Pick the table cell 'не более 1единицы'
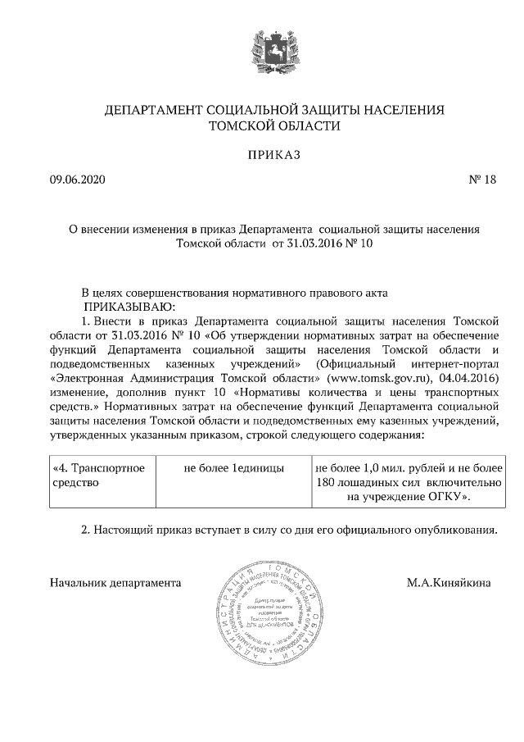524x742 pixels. pyautogui.click(x=233, y=468)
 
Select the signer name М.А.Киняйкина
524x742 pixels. pyautogui.click(x=449, y=584)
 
